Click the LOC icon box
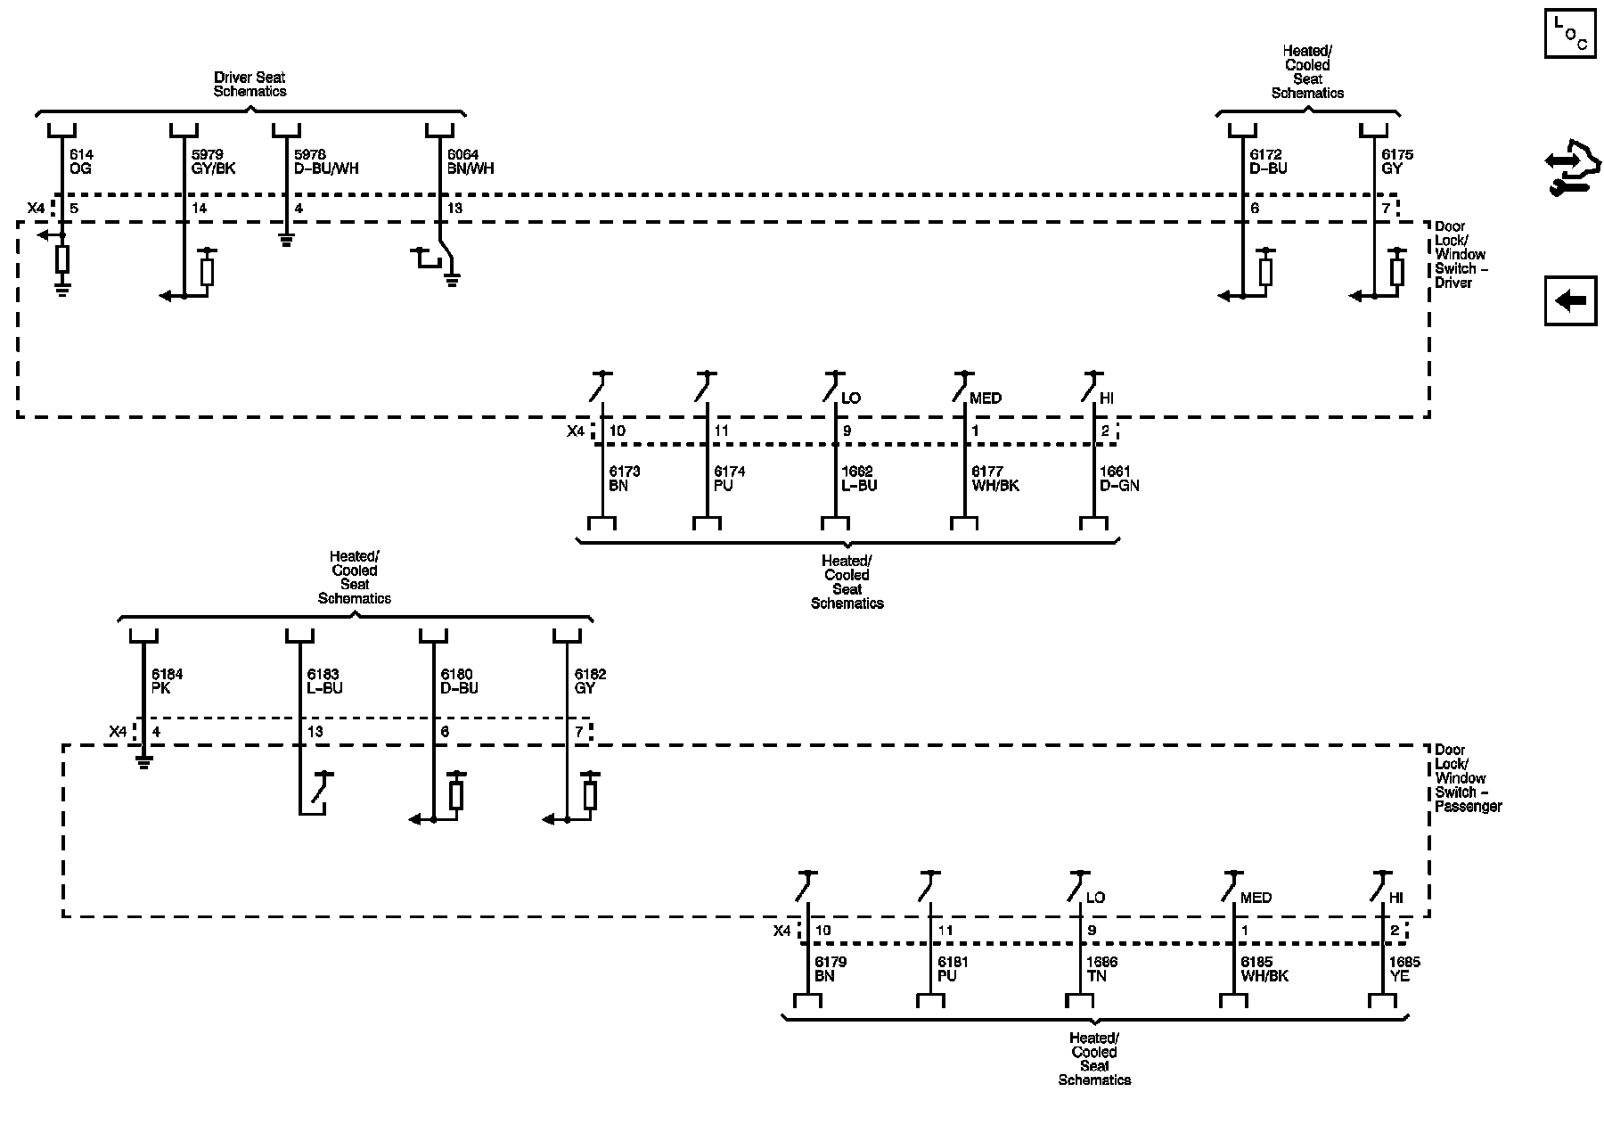1570,33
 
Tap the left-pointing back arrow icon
1570,301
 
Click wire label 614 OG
81,161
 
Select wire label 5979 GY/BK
214,161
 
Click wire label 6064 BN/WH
471,161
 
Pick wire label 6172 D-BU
1269,161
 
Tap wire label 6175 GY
1397,161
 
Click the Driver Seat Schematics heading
250,85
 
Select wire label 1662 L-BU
859,479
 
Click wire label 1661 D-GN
1119,479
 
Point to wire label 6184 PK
167,681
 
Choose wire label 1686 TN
1101,969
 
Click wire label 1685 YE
1404,969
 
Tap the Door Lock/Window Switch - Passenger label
1468,778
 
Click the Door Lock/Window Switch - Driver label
1461,255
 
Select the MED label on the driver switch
986,398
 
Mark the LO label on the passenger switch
1095,898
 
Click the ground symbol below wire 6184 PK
143,761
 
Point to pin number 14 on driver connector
199,209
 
